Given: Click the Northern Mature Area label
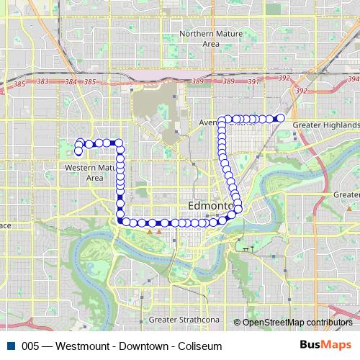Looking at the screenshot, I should [x=199, y=39].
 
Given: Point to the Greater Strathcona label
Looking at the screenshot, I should [x=179, y=319].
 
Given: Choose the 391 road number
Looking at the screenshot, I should [x=252, y=82].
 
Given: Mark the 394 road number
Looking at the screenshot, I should [x=352, y=79].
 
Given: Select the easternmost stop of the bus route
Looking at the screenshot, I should [x=281, y=118].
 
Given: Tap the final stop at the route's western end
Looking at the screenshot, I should [x=78, y=151].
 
